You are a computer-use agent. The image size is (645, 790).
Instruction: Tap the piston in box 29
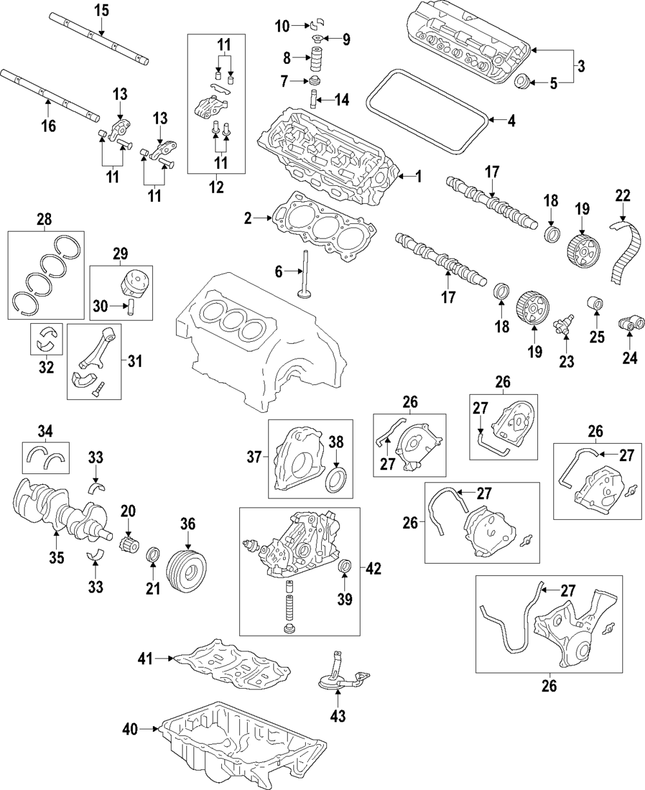tap(132, 284)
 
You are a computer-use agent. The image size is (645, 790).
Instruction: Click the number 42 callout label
tap(373, 569)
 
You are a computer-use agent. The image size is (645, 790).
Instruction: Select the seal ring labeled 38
tap(337, 480)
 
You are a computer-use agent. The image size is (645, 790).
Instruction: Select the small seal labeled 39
tap(345, 567)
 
